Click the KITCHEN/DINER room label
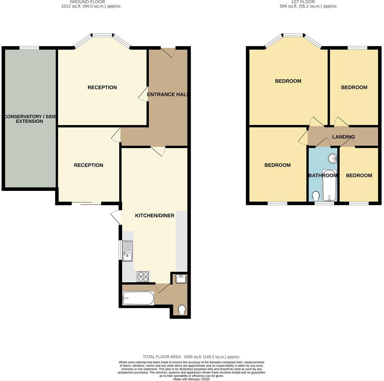point(155,216)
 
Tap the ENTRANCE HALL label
point(167,95)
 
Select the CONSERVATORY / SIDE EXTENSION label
point(29,119)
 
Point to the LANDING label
point(343,137)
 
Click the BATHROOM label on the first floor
point(323,176)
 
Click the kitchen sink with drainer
point(128,251)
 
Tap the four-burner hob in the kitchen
point(143,277)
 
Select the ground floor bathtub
point(138,298)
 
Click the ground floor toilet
point(182,310)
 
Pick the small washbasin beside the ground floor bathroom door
point(181,279)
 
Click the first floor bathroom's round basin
point(332,158)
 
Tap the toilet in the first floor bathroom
point(316,196)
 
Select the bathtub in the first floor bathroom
point(330,185)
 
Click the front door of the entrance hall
point(168,52)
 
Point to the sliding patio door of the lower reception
point(87,204)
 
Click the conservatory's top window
point(29,48)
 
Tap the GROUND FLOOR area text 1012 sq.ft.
point(91,6)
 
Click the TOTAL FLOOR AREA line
point(192,357)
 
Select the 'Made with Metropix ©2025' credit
point(192,379)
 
